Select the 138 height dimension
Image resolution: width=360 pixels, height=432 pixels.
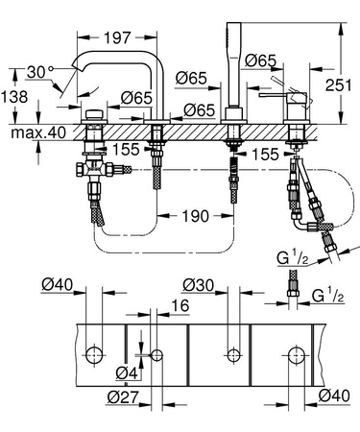(13, 96)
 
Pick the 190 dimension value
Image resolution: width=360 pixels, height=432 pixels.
(195, 216)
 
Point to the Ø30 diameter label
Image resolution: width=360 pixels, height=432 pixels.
(200, 284)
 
